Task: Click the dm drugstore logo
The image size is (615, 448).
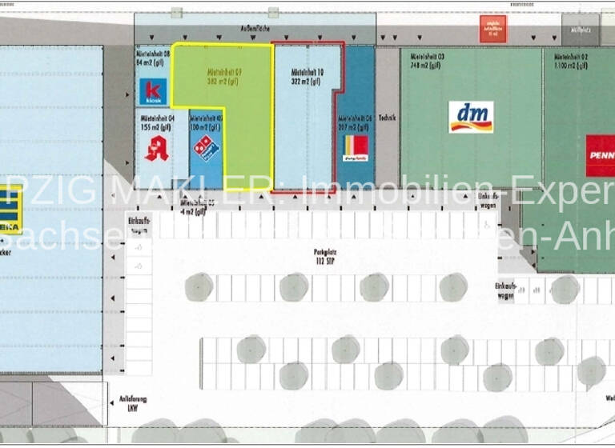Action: [x=470, y=116]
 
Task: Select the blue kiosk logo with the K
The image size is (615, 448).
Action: [x=154, y=91]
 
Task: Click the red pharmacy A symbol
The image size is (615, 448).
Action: [x=155, y=149]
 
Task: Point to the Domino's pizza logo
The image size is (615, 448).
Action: [x=206, y=148]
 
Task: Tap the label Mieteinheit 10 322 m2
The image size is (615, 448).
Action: [x=307, y=76]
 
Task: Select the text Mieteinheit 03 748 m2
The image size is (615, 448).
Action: [x=427, y=61]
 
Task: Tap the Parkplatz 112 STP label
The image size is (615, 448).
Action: [x=324, y=256]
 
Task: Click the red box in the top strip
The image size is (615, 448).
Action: [x=492, y=29]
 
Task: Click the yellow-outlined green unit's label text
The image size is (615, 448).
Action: [x=223, y=76]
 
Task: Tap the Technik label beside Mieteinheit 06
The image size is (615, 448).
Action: [x=387, y=117]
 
